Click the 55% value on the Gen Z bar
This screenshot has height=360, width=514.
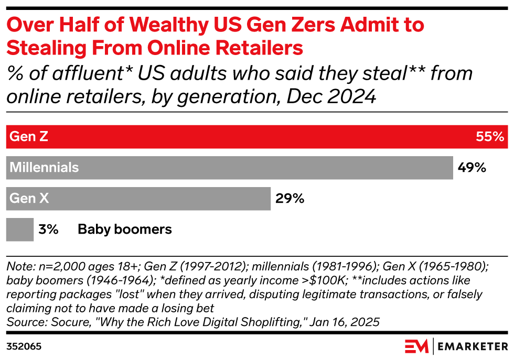pos(490,137)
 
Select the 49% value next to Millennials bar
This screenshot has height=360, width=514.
pos(472,168)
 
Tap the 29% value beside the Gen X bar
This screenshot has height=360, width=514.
pos(290,198)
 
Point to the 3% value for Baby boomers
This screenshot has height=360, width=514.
pos(48,229)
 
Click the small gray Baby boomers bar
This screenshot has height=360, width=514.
pos(20,229)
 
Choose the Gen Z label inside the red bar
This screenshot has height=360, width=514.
pos(29,137)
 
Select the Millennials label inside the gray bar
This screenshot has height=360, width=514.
pos(45,168)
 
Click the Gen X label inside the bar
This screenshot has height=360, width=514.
pos(29,198)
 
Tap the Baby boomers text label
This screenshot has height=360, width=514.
pos(125,229)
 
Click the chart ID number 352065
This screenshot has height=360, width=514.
pos(24,347)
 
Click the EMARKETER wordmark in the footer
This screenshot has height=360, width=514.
pos(472,347)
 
